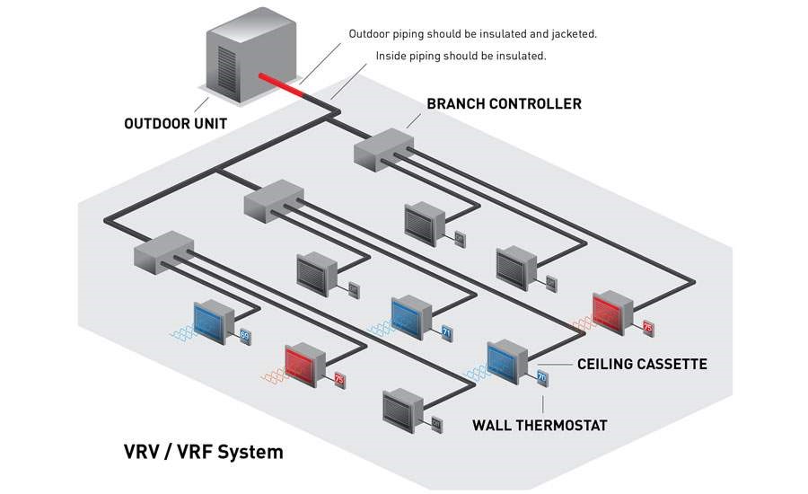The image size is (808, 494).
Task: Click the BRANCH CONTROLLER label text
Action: coord(504,104)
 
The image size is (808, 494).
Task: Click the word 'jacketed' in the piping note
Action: coord(575,33)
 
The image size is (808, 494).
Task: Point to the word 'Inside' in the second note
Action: coord(392,56)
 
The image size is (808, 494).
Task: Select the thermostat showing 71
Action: coord(446,333)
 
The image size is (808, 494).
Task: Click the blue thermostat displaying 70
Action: coord(541,378)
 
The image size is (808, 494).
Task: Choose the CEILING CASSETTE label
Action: coord(641,364)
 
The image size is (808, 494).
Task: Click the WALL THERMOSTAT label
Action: coord(539,424)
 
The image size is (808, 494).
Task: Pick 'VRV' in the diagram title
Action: coord(143,451)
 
